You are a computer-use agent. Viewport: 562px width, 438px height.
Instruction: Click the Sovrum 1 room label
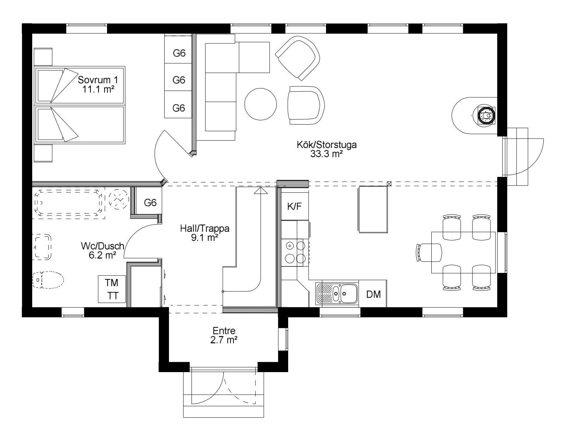point(98,84)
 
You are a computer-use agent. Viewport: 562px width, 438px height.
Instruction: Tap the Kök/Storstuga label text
point(327,149)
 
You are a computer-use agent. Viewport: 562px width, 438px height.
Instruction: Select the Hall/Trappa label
point(205,233)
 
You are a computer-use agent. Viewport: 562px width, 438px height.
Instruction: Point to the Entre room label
point(224,335)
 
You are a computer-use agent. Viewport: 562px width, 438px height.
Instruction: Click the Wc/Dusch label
point(102,250)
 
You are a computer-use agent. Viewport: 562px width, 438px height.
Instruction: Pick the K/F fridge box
point(295,206)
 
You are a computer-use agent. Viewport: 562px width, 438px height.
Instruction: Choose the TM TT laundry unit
point(112,289)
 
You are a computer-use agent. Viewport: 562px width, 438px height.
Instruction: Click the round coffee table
point(261,104)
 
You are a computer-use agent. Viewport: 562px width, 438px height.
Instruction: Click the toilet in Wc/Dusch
point(48,280)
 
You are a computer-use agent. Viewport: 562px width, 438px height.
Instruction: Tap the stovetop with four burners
point(295,252)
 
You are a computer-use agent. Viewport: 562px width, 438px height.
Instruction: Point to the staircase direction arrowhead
point(261,191)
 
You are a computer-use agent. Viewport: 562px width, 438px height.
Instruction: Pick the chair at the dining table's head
point(428,252)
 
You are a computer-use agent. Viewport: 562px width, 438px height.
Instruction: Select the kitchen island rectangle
point(373,209)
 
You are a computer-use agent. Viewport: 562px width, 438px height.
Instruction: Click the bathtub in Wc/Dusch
point(68,202)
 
